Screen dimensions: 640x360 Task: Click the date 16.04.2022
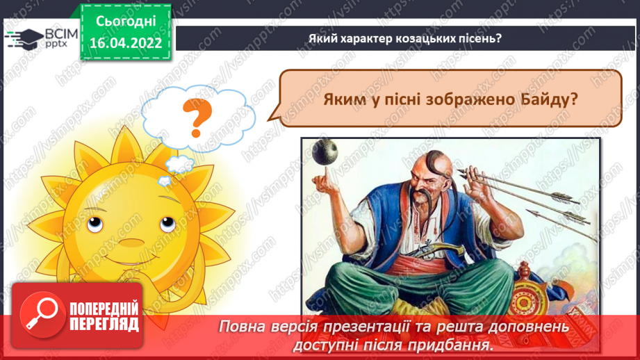(126, 43)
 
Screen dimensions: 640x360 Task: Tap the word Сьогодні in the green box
(126, 22)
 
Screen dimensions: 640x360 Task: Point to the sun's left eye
(95, 223)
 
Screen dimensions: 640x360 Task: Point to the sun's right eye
(167, 223)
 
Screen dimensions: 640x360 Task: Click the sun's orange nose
(131, 243)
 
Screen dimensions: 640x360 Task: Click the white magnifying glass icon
(42, 313)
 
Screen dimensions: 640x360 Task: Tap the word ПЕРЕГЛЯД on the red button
(104, 325)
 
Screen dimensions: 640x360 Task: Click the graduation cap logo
(24, 38)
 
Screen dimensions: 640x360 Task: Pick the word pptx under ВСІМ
(56, 44)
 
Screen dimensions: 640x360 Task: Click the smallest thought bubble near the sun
(164, 181)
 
